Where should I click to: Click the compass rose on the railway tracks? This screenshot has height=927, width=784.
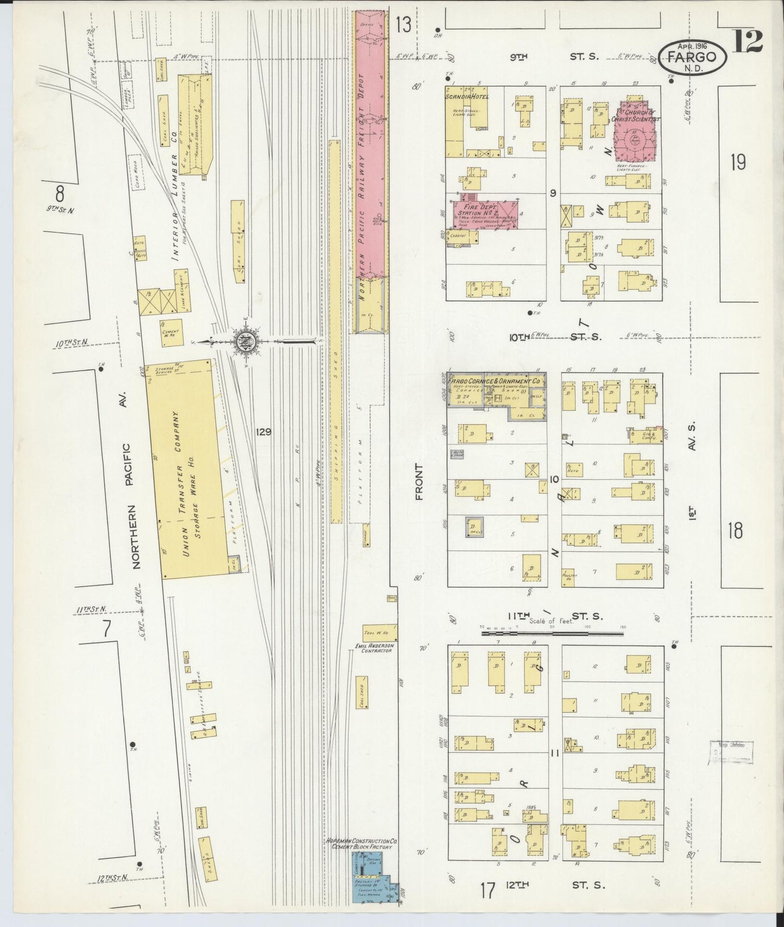click(x=247, y=341)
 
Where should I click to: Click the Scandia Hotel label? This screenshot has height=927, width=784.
click(x=467, y=96)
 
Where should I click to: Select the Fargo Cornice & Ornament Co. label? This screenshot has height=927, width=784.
click(x=494, y=381)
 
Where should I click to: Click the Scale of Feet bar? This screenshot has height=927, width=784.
click(x=552, y=632)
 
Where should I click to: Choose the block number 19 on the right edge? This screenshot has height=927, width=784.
click(x=738, y=162)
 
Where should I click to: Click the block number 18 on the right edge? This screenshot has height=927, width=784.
click(x=735, y=531)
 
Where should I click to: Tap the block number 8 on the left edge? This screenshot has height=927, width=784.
click(x=60, y=193)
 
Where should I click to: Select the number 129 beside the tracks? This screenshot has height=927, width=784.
click(x=264, y=432)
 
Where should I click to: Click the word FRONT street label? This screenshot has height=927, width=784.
click(x=420, y=482)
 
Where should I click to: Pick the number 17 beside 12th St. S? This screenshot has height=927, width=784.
click(x=488, y=890)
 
